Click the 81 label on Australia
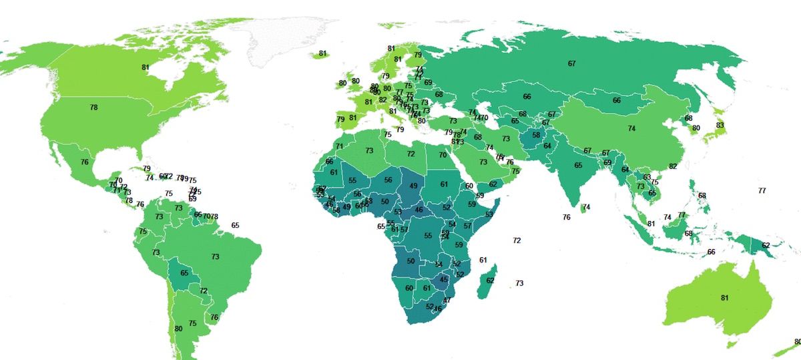click(x=725, y=298)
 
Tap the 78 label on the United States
click(x=93, y=108)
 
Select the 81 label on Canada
click(x=146, y=67)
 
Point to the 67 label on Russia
click(x=572, y=63)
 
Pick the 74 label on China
click(x=631, y=128)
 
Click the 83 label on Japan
click(x=720, y=126)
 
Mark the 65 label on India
click(x=578, y=166)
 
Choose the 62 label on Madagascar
click(x=491, y=281)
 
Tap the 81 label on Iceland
click(x=323, y=53)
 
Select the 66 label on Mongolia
click(x=617, y=100)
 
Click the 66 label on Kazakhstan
click(x=527, y=97)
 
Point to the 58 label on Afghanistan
click(x=536, y=135)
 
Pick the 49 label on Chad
click(x=414, y=186)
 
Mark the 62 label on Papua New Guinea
click(x=766, y=246)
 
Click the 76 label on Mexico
click(x=85, y=162)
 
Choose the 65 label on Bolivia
click(x=185, y=273)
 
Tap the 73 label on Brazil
click(x=216, y=256)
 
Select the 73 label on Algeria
click(x=369, y=151)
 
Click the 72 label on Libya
click(x=411, y=154)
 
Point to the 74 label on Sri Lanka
click(x=587, y=208)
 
